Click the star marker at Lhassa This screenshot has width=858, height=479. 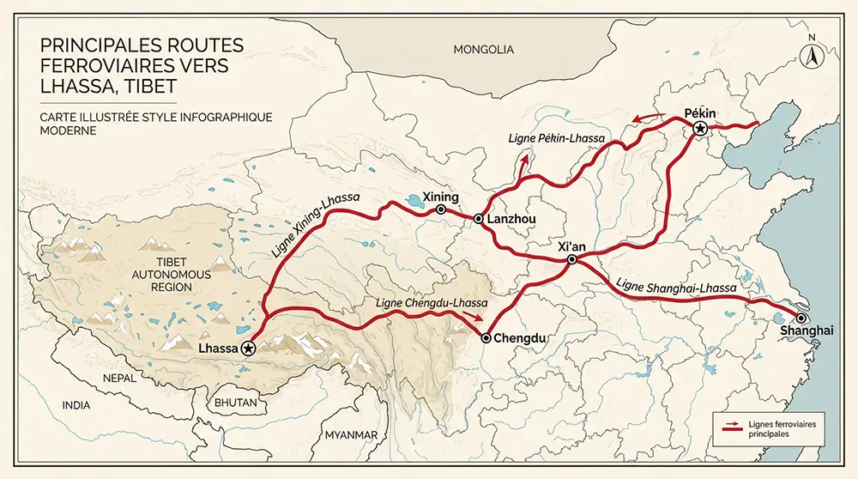248,348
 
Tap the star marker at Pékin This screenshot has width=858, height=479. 700,129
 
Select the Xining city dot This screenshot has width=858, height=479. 441,209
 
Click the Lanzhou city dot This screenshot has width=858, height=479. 476,220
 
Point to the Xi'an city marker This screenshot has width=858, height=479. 571,258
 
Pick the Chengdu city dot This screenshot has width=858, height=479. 486,338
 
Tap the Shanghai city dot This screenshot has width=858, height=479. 801,317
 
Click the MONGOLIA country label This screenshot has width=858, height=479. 484,50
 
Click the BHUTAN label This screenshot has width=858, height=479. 235,402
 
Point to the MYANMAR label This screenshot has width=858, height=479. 350,435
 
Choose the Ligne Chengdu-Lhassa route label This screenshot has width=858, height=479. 432,303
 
